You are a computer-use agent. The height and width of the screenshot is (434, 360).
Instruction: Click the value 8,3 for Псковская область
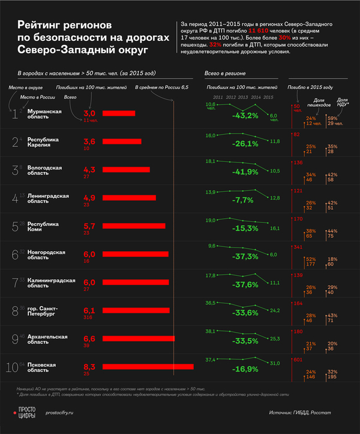point(89,366)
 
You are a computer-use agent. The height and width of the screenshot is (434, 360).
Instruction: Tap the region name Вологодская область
point(45,170)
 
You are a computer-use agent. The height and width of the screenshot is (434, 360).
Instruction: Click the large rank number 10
point(12,367)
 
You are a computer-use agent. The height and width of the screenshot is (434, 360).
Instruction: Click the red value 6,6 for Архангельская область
point(89,337)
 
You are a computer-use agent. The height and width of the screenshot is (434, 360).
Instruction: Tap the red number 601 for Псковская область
point(298,360)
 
